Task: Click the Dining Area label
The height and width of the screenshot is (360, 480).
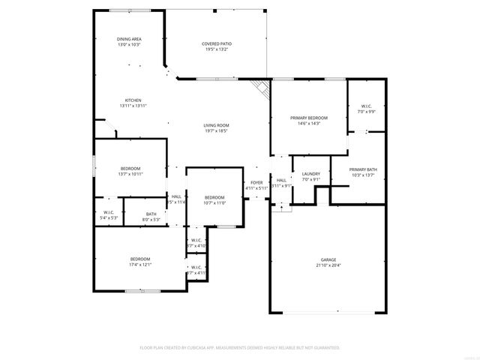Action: point(129,39)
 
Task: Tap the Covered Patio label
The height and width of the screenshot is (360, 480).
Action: point(216,44)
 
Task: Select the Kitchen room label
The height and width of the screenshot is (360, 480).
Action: point(133,100)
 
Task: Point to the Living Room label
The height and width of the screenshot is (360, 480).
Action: point(216,125)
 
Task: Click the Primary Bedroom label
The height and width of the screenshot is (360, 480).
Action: point(309,118)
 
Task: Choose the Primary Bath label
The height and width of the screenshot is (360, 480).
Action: point(363,169)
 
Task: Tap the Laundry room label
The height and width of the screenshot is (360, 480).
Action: point(310,174)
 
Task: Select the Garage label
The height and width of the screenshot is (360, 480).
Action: point(327,259)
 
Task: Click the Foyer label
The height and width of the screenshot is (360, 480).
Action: point(256,181)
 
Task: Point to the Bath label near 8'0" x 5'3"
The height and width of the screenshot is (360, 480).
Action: point(151,214)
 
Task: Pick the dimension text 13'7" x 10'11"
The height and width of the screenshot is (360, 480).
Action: point(130,174)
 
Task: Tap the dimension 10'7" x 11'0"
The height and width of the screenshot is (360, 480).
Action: point(214,202)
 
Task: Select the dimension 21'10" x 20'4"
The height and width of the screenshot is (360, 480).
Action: point(327,265)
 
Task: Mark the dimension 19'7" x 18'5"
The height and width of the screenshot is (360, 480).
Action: point(216,131)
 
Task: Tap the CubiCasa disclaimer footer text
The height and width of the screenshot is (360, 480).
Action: point(240,348)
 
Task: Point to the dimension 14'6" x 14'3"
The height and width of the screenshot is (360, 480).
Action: point(309,124)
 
